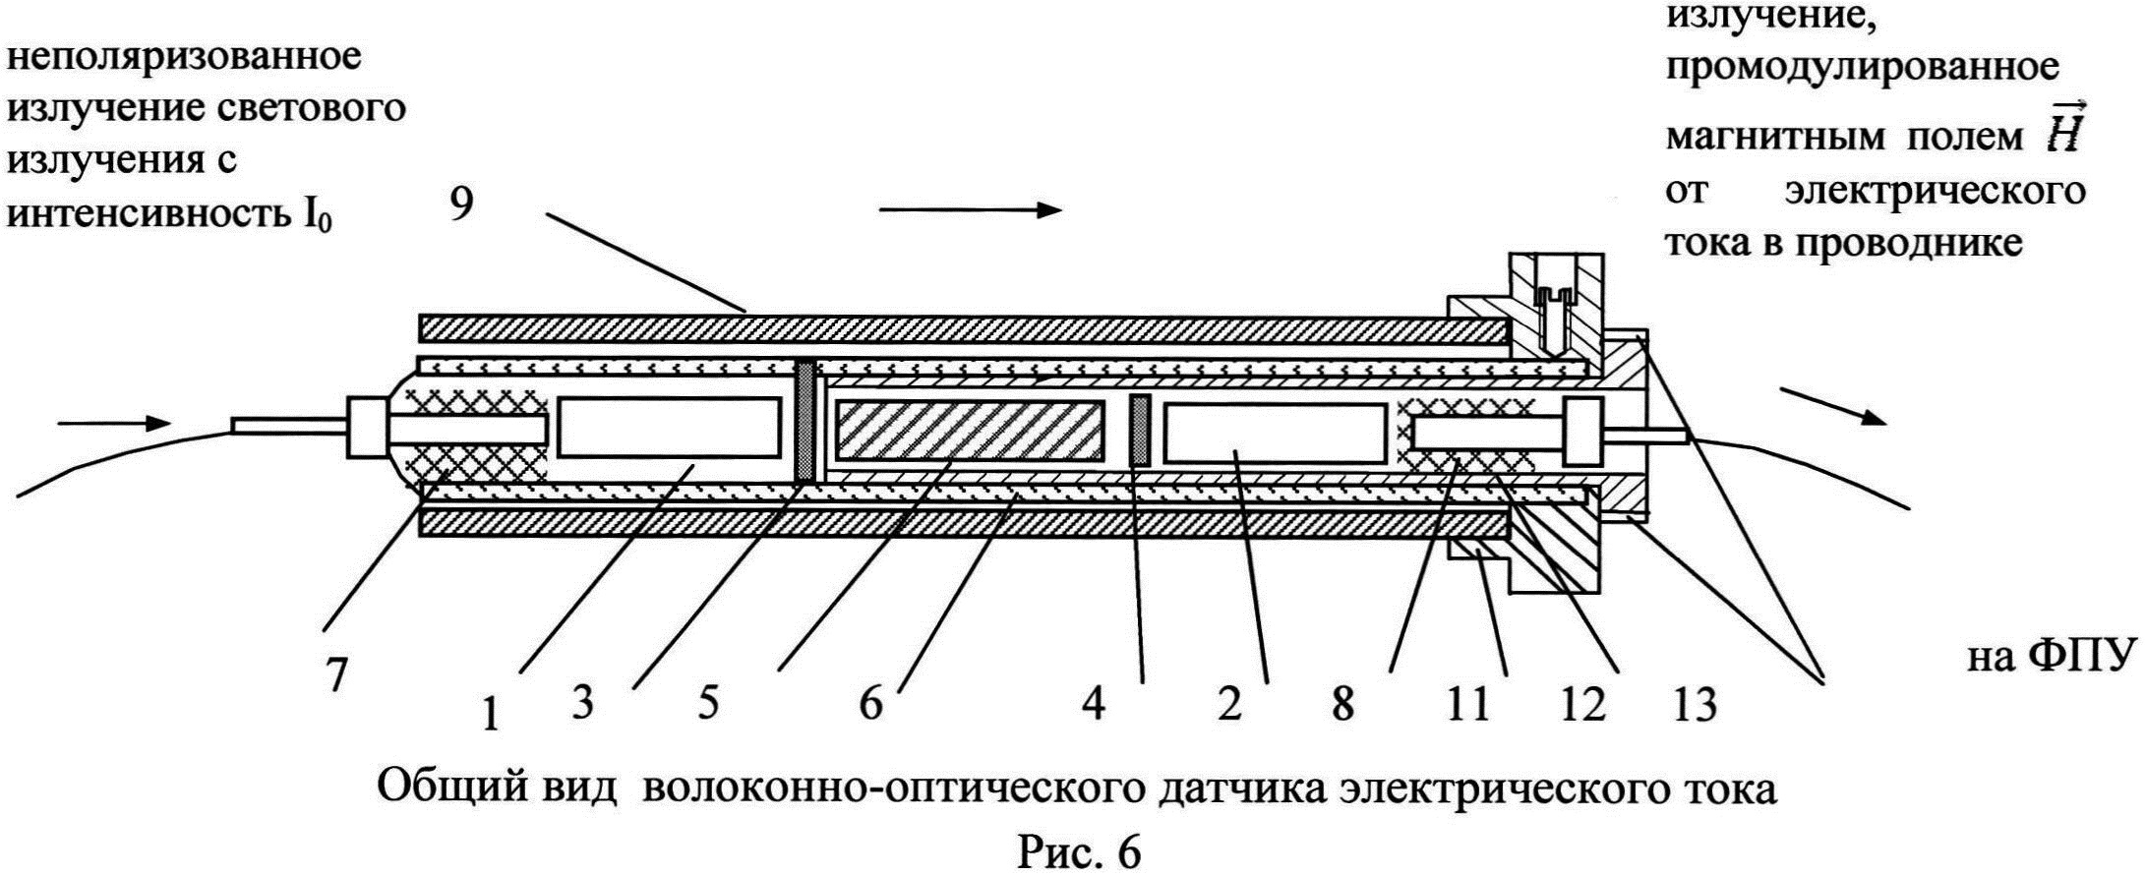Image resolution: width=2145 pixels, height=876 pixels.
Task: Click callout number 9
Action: pos(462,206)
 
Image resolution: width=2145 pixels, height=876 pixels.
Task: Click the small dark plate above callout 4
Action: pos(1141,430)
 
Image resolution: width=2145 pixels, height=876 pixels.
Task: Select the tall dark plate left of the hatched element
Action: pos(805,421)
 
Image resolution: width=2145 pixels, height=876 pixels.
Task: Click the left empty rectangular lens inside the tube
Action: pos(669,428)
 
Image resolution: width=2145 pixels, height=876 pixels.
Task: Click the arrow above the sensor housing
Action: pos(970,209)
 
